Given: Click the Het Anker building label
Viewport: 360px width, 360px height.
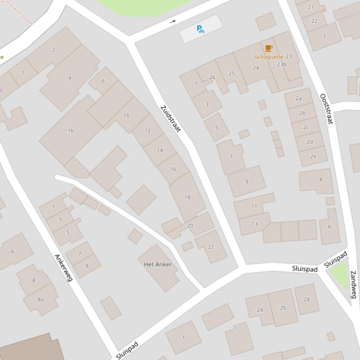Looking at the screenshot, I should point(158,264).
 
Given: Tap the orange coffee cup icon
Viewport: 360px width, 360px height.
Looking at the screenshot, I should point(269,48).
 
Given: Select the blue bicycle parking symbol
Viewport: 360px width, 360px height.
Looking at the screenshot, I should point(200,29).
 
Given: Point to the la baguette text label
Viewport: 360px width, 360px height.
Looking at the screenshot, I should point(269,57).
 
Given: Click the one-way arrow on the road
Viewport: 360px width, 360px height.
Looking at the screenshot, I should point(173,21).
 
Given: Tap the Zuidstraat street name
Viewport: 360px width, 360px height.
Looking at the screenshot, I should point(170,119).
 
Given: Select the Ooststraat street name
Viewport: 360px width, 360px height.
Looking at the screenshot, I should point(326,109).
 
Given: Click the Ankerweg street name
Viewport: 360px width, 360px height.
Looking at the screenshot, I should point(64,267).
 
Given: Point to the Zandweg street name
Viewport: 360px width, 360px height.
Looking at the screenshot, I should point(353,284).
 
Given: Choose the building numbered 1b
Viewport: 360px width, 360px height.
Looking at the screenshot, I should point(71,130).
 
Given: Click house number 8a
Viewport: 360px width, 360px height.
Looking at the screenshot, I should point(41,300).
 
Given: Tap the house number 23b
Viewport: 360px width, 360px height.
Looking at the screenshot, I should point(281,64).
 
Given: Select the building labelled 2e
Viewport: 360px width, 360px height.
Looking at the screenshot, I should point(313,156).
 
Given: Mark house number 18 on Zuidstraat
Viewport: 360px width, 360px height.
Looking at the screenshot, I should point(187,197).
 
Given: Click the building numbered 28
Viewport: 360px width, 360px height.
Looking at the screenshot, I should point(307,299).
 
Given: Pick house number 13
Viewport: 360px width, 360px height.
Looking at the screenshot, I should point(254,224).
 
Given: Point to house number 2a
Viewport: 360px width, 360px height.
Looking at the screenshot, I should point(298,98).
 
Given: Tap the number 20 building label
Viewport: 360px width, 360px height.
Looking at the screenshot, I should point(190,225).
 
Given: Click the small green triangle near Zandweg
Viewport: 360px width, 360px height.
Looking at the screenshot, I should point(340,275).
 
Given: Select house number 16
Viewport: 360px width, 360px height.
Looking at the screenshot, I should point(173,169).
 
